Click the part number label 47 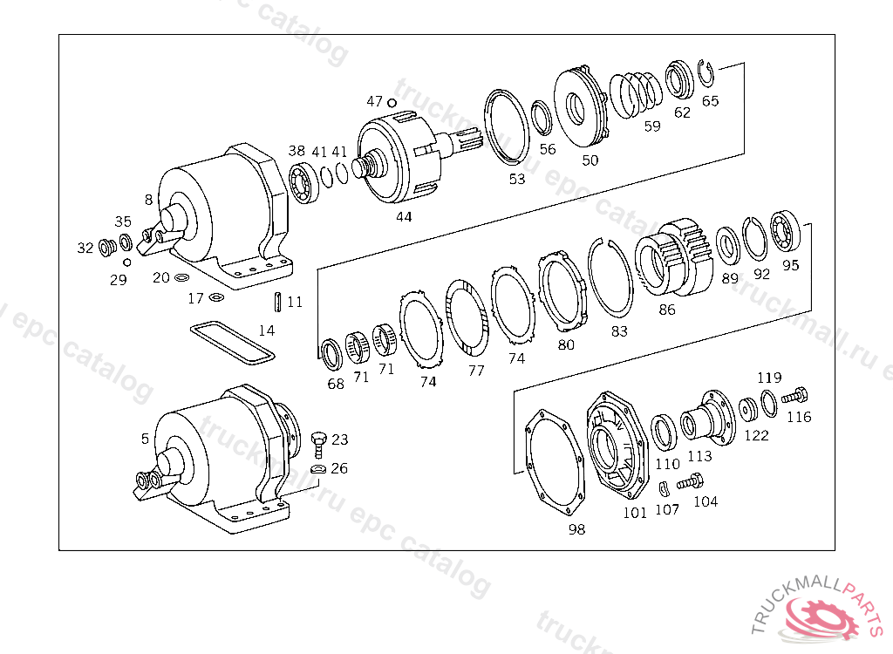point(375,101)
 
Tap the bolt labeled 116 point(795,396)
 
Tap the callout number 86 point(667,309)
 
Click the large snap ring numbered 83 point(610,279)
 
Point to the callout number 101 point(635,513)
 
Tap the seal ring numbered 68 point(332,354)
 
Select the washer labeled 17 point(215,299)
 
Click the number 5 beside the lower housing point(145,439)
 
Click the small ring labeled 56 point(542,117)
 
